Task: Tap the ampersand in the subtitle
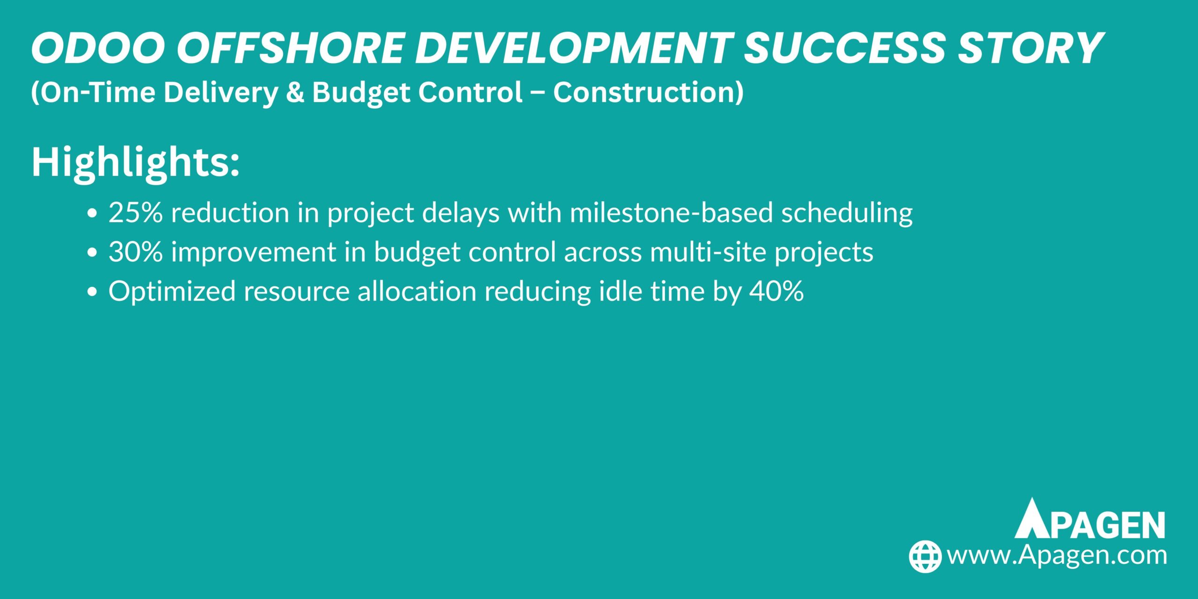pos(295,92)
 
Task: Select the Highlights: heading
pos(136,162)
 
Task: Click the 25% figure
pos(136,213)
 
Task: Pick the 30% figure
pos(136,252)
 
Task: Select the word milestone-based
pos(671,213)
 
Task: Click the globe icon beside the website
pos(925,556)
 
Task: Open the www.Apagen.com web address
pos(1057,556)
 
